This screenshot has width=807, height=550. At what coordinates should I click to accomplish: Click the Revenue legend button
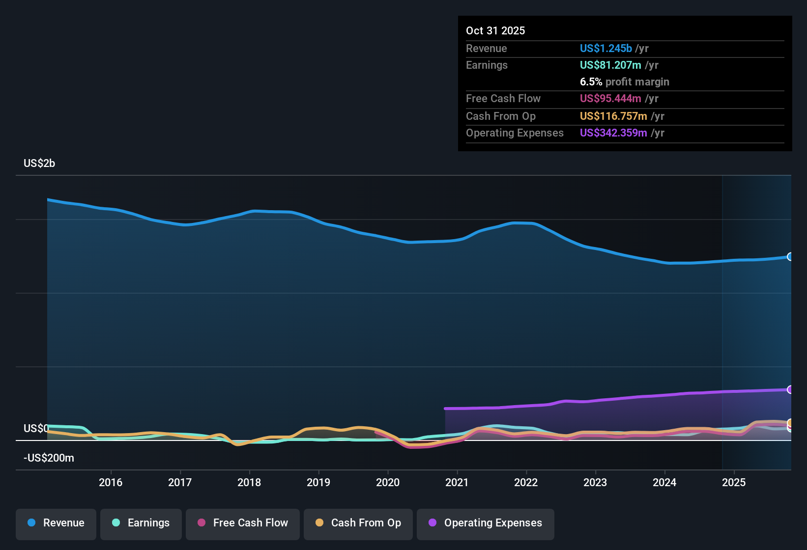click(x=56, y=523)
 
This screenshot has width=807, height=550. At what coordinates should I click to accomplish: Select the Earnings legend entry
click(x=141, y=523)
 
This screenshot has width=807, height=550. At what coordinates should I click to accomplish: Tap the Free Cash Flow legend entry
click(x=243, y=523)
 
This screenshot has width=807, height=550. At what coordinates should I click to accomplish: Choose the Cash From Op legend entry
click(x=358, y=523)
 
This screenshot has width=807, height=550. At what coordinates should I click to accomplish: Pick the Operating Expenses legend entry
click(x=486, y=523)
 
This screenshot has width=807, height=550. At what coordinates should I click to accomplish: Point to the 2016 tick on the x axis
click(x=111, y=482)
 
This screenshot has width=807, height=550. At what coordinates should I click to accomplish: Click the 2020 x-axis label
click(x=388, y=482)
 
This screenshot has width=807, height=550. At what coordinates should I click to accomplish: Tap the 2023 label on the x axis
click(x=595, y=482)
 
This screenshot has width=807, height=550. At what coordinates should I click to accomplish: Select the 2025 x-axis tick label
click(x=734, y=482)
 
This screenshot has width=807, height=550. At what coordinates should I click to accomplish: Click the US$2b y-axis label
click(x=39, y=164)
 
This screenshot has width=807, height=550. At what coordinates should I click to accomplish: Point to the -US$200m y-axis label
click(x=49, y=458)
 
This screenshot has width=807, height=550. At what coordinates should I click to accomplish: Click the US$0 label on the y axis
click(x=36, y=429)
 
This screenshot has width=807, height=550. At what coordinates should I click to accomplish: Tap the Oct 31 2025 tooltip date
click(x=495, y=30)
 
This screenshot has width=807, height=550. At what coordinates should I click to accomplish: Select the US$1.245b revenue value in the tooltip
click(x=605, y=48)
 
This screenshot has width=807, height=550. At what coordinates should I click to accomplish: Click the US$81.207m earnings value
click(x=610, y=65)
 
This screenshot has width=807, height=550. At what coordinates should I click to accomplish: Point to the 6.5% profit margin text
click(x=624, y=82)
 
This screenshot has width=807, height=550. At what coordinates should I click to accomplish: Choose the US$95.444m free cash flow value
click(x=610, y=99)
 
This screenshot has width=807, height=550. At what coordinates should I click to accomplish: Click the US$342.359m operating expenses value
click(x=613, y=133)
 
